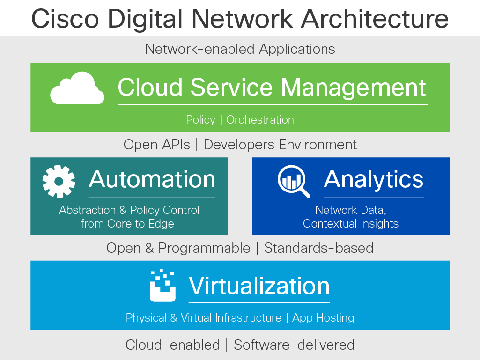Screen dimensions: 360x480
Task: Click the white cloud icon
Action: tap(77, 89)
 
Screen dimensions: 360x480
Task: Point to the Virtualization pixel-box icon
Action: tap(162, 286)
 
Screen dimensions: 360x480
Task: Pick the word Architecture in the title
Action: tap(374, 19)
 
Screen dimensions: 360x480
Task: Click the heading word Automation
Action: tap(152, 179)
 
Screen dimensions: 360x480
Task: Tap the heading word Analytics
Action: tap(373, 179)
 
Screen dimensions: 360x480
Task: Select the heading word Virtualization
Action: tap(259, 286)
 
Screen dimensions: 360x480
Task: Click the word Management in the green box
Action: tap(354, 88)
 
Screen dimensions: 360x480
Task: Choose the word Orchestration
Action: tap(260, 120)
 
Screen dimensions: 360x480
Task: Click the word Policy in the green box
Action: tap(200, 120)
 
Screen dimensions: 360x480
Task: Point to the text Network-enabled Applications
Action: tap(240, 49)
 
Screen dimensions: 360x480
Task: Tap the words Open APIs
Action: tap(157, 145)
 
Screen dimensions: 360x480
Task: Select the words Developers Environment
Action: tap(280, 145)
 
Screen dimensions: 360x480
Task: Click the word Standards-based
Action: tap(318, 248)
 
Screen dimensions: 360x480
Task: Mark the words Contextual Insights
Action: tap(351, 224)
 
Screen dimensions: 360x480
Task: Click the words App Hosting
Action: tap(323, 318)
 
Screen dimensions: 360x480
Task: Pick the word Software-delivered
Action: tap(294, 345)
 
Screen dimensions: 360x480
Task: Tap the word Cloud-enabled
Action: tap(172, 345)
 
